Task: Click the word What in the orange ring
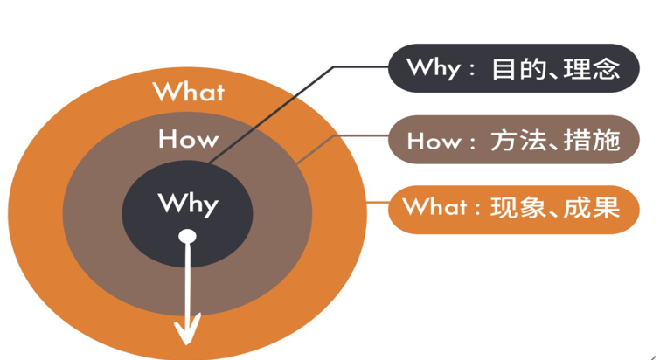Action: pos(189,92)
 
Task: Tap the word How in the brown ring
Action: pos(189,139)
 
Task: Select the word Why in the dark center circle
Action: pos(188,204)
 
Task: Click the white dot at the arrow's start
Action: pos(187,236)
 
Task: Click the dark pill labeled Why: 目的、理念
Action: pos(513,68)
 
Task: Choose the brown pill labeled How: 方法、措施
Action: pos(513,140)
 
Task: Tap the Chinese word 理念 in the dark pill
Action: pos(592,69)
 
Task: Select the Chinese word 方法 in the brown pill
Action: pos(518,140)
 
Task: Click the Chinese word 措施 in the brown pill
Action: pos(592,140)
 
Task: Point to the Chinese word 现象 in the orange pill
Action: pos(518,207)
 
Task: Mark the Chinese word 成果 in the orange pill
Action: pos(592,207)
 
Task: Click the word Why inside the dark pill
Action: pos(433,68)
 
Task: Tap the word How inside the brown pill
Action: pos(434,141)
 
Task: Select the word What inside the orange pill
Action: pos(434,206)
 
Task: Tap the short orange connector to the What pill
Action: pos(377,203)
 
